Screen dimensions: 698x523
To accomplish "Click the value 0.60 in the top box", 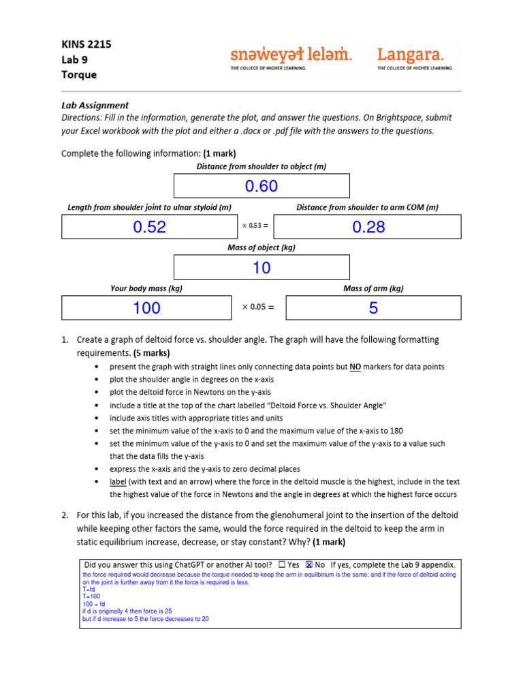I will click(261, 186).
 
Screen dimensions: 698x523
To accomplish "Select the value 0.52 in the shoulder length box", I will click(149, 227).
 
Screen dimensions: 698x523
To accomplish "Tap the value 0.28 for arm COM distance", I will click(368, 227).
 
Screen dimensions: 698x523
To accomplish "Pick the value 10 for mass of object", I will click(261, 268).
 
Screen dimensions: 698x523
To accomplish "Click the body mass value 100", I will click(146, 308).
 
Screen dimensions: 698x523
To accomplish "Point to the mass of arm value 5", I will click(373, 308).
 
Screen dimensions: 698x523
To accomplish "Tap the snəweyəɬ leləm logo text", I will click(291, 55).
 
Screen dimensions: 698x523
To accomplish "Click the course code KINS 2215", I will click(86, 44).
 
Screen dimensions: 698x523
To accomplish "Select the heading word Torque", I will click(79, 74).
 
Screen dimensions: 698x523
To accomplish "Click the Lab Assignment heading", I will click(95, 105).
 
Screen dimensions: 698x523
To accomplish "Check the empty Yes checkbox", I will click(282, 564).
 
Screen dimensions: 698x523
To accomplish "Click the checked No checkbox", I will click(309, 564).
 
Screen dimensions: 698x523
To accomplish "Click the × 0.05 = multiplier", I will click(258, 307).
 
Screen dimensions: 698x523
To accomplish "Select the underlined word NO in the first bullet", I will click(355, 367).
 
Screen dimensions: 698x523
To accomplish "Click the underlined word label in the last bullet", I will click(118, 482).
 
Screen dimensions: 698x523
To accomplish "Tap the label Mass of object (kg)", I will click(261, 248).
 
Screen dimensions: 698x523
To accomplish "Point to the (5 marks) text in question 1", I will click(152, 353).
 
